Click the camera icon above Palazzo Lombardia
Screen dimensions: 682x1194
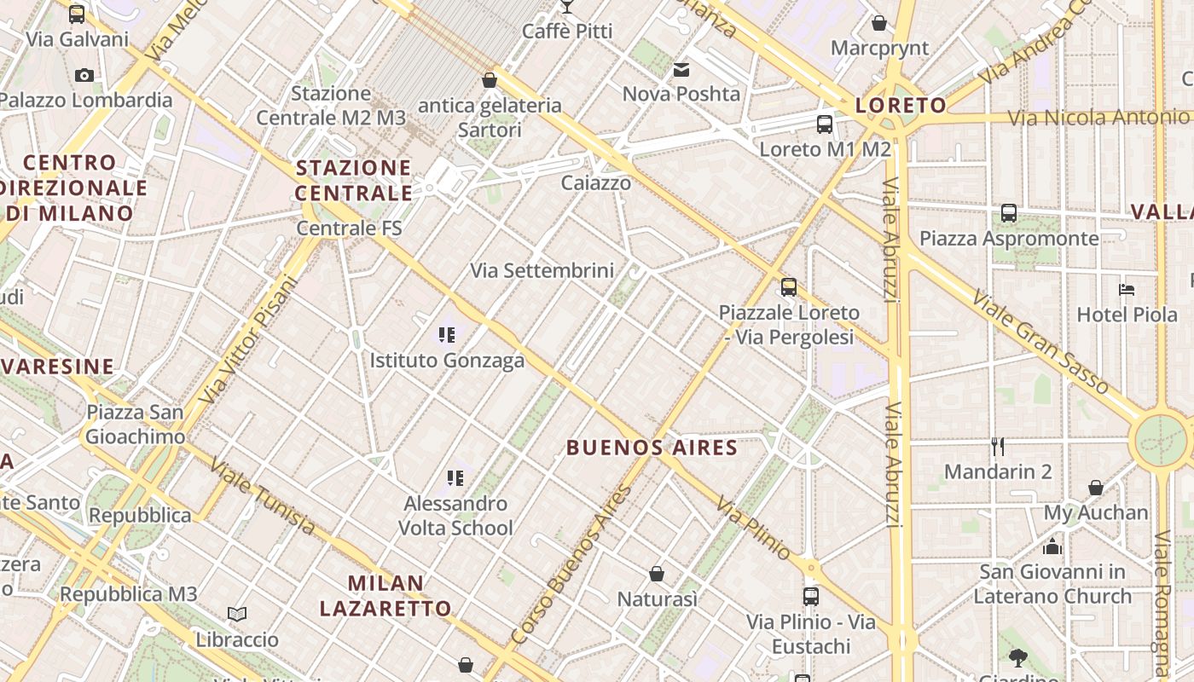pos(84,75)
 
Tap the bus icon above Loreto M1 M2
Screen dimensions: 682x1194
pos(825,124)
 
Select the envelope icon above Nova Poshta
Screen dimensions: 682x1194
pos(681,70)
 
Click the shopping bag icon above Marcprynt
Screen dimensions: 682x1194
pos(879,23)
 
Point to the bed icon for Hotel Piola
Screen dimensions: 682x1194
pos(1127,290)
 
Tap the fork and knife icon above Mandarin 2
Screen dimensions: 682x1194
pos(998,446)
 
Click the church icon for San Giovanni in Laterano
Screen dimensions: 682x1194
pos(1052,546)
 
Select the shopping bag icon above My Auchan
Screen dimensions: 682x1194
pos(1096,488)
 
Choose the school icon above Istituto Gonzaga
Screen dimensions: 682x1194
pos(447,335)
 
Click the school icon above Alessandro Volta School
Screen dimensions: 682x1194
pos(455,478)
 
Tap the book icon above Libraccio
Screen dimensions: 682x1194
pos(237,614)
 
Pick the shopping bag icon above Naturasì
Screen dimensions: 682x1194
pos(657,574)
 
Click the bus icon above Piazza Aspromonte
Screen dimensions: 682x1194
pos(1009,213)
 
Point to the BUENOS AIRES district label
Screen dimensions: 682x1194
pos(652,447)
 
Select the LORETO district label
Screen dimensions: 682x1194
pos(901,106)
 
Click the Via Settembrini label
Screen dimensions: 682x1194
pos(542,271)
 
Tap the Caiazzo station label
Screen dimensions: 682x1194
pos(596,183)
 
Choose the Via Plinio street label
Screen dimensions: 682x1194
pos(754,529)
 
